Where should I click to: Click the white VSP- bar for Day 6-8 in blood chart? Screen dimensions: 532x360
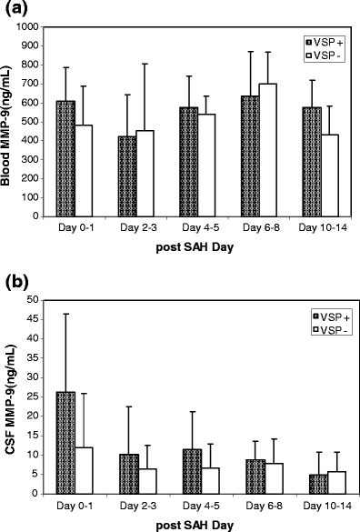tap(267, 150)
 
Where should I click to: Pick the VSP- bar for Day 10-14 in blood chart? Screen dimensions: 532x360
tap(329, 176)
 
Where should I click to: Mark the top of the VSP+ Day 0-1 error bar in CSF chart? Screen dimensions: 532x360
tap(66, 314)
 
